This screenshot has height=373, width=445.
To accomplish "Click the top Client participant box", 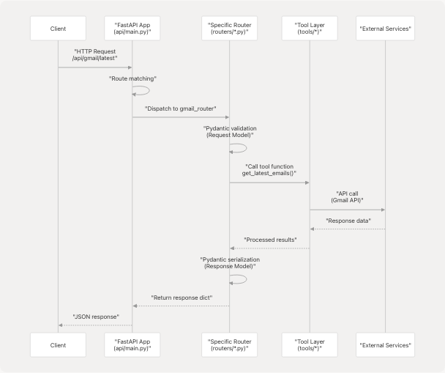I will tap(59, 29).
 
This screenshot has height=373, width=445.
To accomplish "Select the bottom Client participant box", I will tap(59, 344).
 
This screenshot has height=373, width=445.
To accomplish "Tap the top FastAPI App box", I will tap(132, 29).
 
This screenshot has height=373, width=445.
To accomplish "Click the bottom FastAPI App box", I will tap(132, 344).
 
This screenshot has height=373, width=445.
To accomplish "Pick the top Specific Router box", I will tap(230, 29).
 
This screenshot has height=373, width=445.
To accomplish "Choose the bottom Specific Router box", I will tap(230, 344).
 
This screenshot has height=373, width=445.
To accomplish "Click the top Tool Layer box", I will tap(310, 29).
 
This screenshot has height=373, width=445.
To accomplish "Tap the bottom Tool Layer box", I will tap(310, 344).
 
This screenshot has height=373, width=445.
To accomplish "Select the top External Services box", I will tap(385, 29).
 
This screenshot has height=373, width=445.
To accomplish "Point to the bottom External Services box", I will tap(385, 344).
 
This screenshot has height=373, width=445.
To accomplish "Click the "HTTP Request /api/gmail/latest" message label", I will tap(95, 56).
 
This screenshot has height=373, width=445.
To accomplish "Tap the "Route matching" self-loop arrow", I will tap(145, 91).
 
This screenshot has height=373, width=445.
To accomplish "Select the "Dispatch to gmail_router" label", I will tap(181, 108).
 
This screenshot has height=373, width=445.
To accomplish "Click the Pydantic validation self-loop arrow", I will tap(242, 148).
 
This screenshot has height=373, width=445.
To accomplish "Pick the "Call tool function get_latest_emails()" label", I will tap(269, 169).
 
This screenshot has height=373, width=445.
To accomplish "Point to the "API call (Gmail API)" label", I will tap(347, 197).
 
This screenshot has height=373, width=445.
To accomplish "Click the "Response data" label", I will tap(347, 221).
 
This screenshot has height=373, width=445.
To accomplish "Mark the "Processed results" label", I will tap(269, 240).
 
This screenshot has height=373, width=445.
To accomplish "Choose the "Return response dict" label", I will tap(181, 298).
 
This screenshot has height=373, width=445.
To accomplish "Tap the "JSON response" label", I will tap(95, 317).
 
